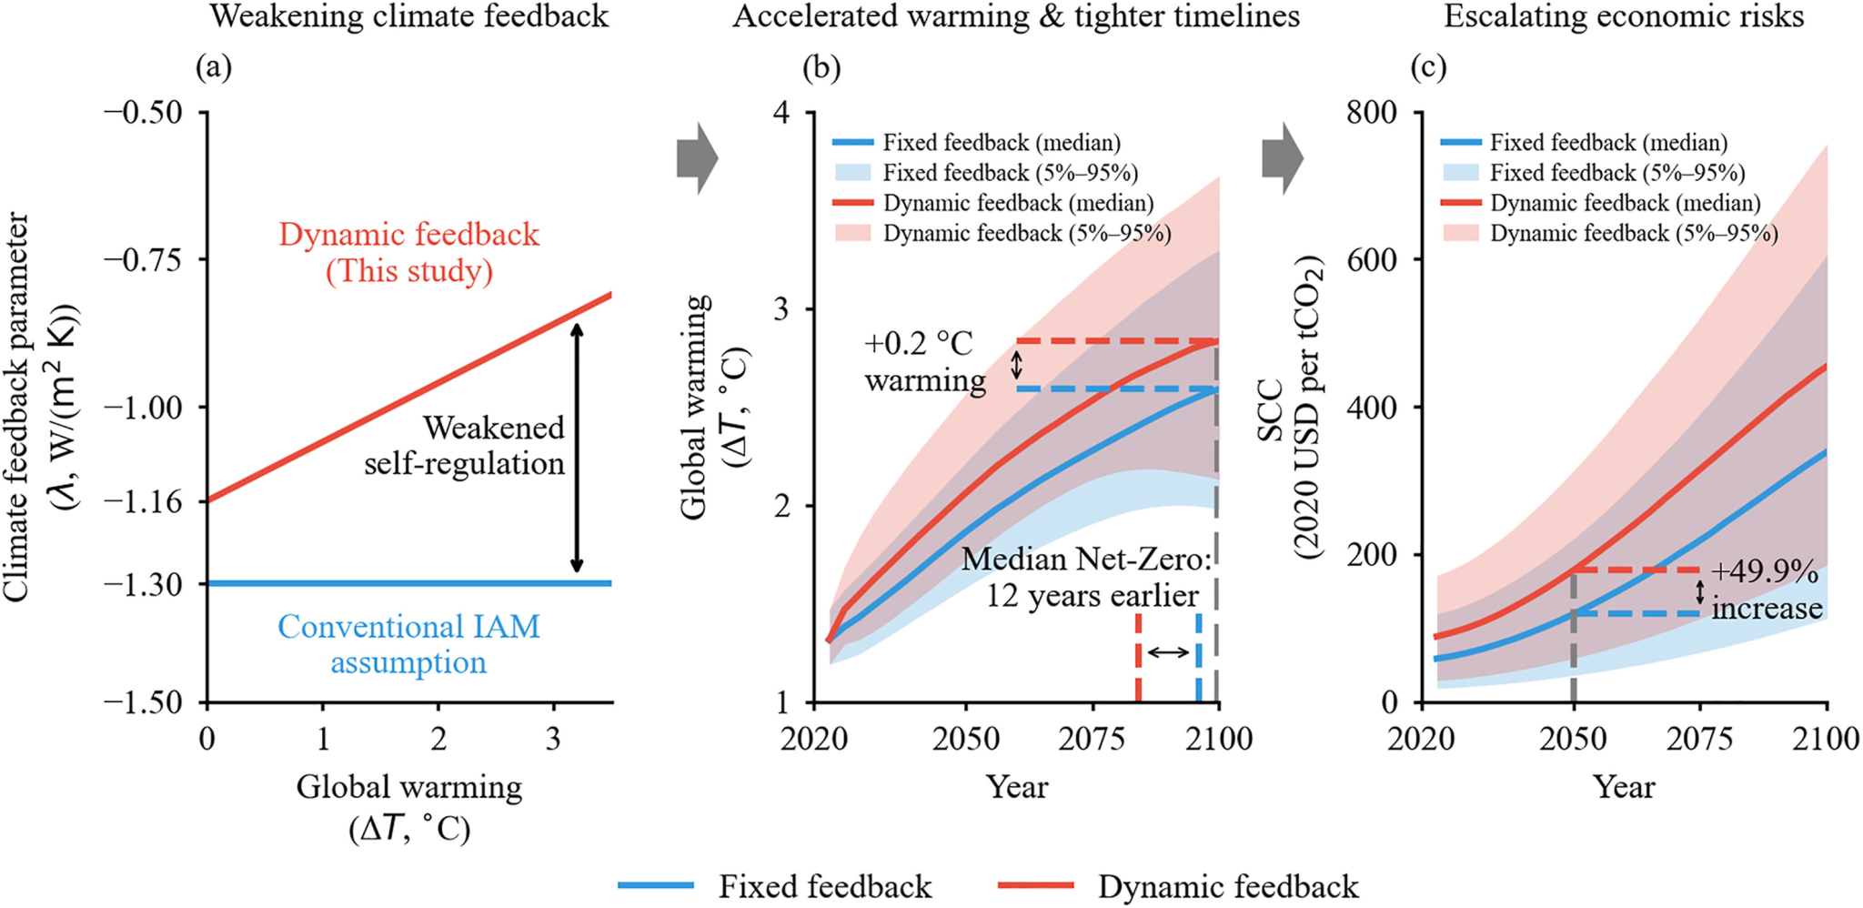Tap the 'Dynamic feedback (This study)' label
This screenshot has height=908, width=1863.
[x=409, y=252]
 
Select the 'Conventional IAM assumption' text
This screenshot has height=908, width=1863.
[x=409, y=644]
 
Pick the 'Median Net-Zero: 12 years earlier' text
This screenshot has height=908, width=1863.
[x=1088, y=577]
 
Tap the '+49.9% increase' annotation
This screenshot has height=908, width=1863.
[x=1766, y=590]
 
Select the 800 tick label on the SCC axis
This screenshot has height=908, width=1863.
[x=1374, y=112]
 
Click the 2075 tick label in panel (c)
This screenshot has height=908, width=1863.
[x=1699, y=739]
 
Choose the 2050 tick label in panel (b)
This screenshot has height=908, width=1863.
[x=965, y=739]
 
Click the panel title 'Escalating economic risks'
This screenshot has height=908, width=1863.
[x=1624, y=16]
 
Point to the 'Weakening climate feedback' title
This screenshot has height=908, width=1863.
[x=409, y=16]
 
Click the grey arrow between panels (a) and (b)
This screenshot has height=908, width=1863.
[x=697, y=159]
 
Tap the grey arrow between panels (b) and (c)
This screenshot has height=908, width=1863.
[x=1283, y=159]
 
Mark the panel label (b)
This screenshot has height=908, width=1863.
[x=821, y=67]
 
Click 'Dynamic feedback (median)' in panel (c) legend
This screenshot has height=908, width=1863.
[x=1625, y=203]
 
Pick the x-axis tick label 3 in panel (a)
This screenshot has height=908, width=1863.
[x=553, y=739]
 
